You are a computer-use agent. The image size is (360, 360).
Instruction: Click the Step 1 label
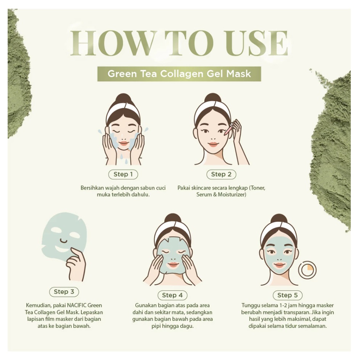coord(123,174)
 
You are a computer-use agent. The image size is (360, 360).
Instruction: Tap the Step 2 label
coord(221,174)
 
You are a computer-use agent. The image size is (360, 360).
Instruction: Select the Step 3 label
coord(64,292)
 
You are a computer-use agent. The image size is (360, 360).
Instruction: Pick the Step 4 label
coord(172,295)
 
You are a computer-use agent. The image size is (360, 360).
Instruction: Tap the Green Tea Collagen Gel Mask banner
coord(179,74)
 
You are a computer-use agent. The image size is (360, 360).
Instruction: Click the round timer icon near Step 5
coord(307,270)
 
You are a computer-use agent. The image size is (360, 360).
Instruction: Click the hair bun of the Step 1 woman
coord(123,98)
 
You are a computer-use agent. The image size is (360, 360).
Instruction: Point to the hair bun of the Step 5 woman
coord(279,219)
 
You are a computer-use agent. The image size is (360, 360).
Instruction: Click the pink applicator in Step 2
coord(228,131)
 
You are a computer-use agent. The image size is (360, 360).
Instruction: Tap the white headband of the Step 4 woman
coord(172,227)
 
